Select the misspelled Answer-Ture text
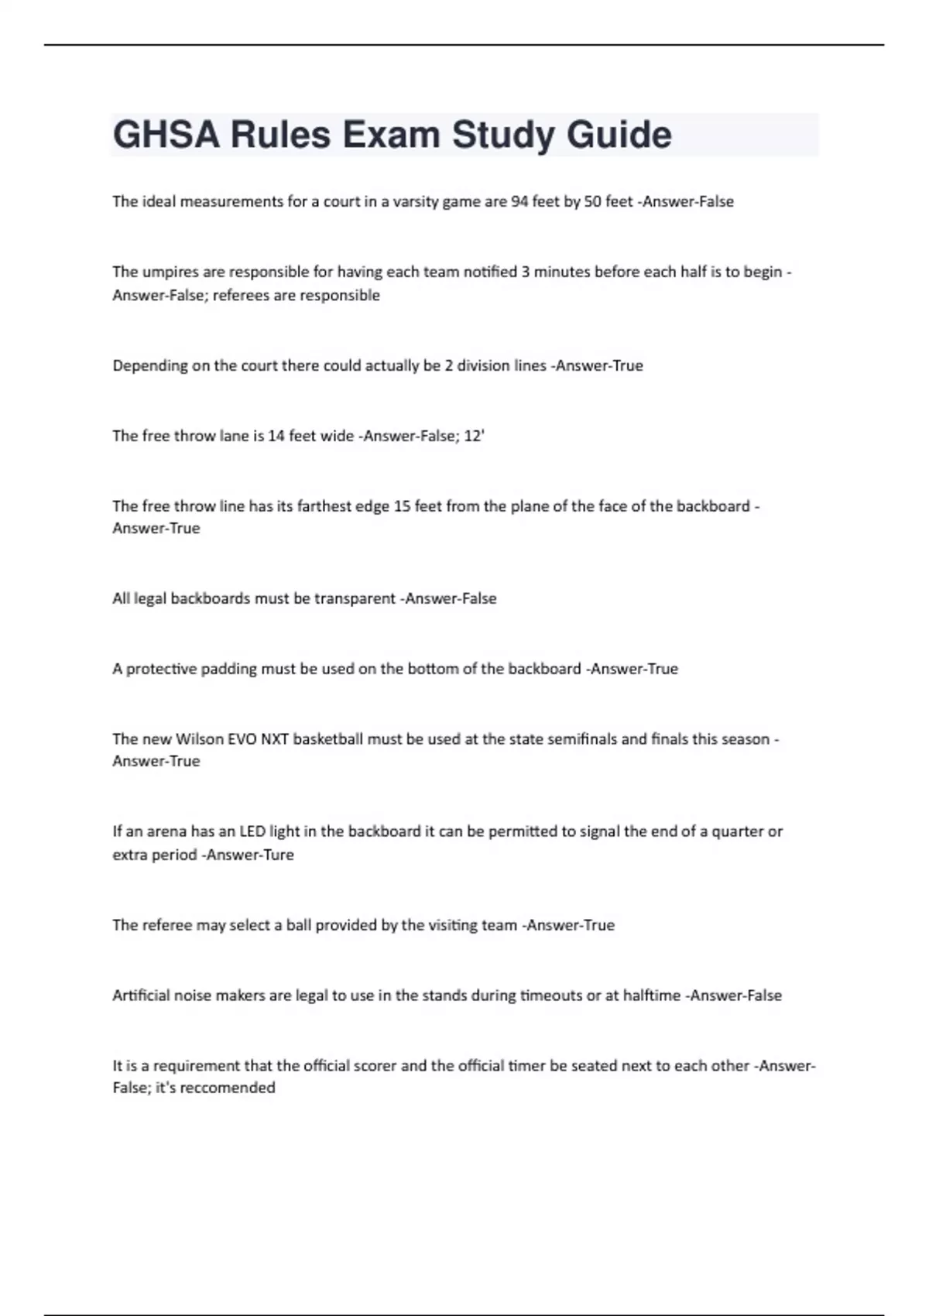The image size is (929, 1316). [x=247, y=855]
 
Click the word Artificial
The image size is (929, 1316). [x=141, y=996]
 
